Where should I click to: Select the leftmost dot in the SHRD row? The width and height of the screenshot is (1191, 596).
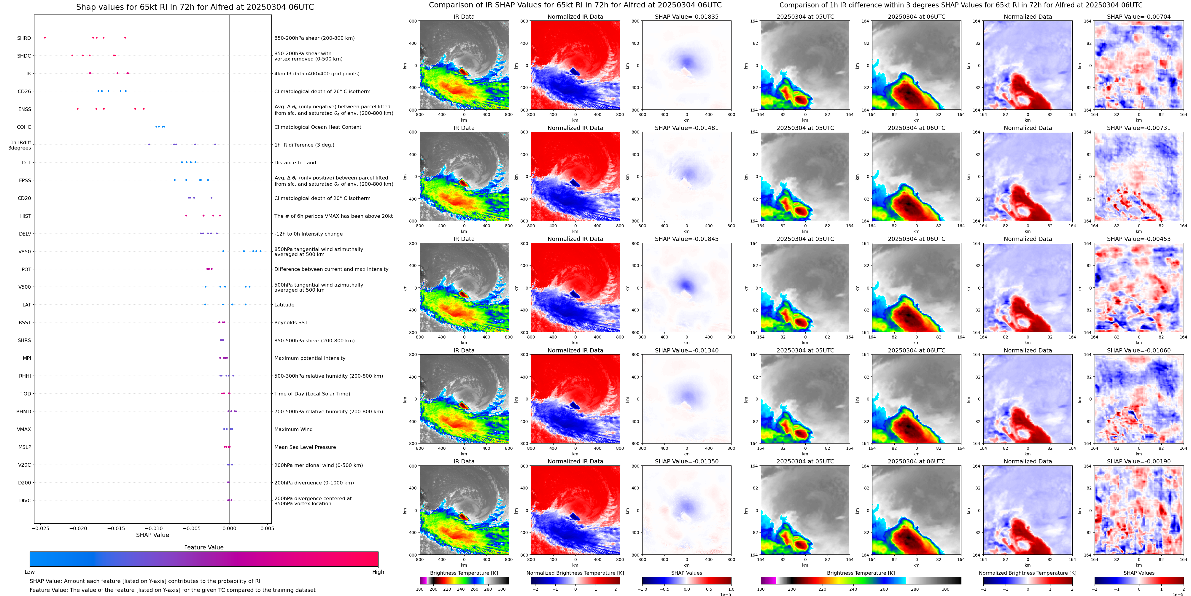[45, 37]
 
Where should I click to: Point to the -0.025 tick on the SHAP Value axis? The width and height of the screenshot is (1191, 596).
[41, 528]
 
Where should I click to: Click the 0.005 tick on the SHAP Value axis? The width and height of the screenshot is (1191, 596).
[267, 528]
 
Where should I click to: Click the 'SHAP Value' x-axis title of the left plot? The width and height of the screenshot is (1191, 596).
[152, 535]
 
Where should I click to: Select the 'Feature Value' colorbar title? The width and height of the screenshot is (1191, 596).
[203, 547]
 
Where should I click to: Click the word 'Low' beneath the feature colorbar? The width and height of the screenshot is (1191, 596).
[30, 572]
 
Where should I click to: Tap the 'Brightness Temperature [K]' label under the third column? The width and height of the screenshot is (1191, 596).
[464, 573]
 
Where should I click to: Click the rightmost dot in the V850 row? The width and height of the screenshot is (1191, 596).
[261, 251]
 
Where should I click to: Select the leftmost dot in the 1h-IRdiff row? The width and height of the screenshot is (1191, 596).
[149, 144]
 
